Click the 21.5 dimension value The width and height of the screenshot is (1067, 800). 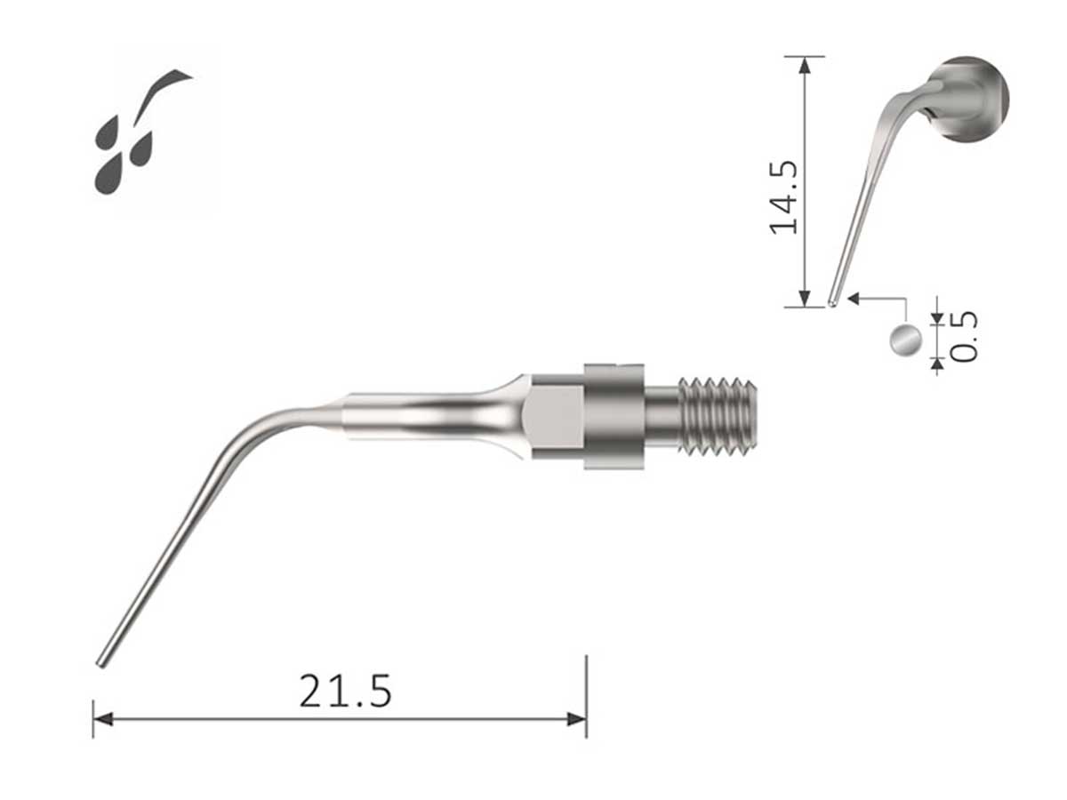(345, 691)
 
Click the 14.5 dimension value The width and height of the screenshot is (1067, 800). (782, 196)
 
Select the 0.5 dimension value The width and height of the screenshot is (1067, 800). (964, 335)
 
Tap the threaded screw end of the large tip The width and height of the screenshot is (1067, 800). (718, 416)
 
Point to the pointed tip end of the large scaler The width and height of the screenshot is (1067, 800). (101, 660)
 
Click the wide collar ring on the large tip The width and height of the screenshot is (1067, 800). (614, 415)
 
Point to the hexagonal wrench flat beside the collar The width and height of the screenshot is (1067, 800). (555, 415)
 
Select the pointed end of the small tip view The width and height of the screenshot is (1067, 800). (831, 301)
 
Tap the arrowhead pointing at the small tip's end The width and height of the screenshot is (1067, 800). (854, 299)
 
